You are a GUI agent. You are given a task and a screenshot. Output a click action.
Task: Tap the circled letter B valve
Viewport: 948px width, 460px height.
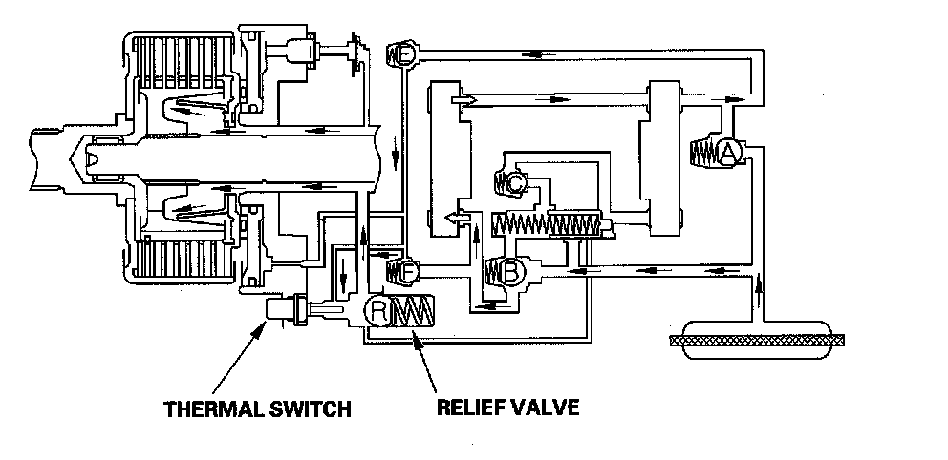pos(510,273)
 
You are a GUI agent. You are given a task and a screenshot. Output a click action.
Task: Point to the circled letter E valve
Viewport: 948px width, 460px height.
pos(404,55)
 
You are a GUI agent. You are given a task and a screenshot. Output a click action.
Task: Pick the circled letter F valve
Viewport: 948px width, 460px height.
pos(405,272)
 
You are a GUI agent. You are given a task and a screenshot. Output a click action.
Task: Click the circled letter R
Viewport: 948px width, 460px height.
pos(378,311)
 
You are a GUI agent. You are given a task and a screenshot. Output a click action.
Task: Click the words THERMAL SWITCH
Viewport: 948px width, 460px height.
pos(257,410)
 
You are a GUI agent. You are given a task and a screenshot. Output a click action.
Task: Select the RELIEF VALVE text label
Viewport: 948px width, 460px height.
pos(507,408)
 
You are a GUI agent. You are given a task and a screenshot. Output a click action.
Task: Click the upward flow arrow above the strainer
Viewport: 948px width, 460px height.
pos(760,287)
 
